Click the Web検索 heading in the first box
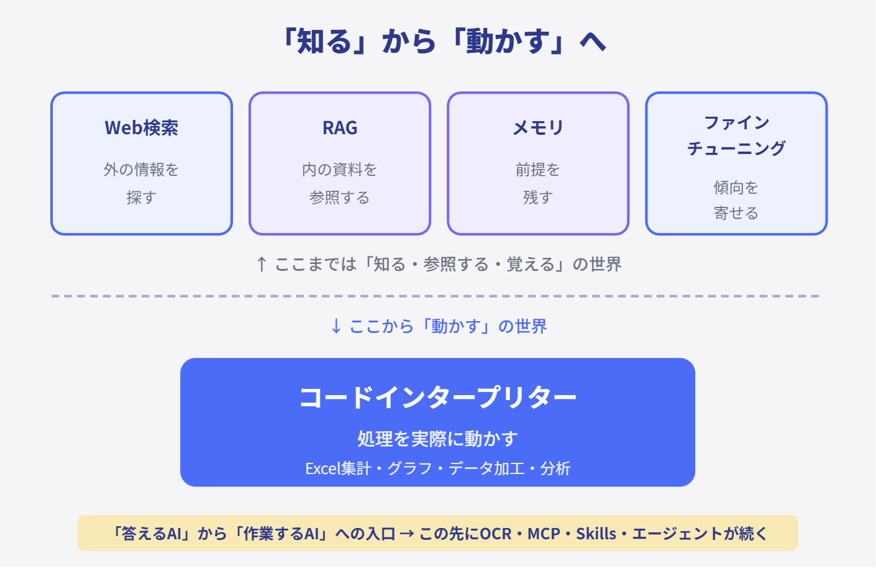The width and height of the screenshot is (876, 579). (x=142, y=128)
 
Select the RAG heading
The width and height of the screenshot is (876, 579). (x=340, y=128)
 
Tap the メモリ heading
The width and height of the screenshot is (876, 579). (x=538, y=128)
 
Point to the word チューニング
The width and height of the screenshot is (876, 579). (x=736, y=148)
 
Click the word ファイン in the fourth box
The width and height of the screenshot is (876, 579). (x=736, y=123)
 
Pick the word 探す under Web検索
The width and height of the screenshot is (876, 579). (x=142, y=198)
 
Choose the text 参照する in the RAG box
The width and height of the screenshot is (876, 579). (x=340, y=198)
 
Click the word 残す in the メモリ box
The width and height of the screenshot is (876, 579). (x=538, y=198)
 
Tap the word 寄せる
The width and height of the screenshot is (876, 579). (x=736, y=213)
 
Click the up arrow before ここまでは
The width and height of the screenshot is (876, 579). (x=262, y=264)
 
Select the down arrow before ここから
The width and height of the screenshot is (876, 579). (x=336, y=326)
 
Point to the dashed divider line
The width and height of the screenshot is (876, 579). (x=436, y=296)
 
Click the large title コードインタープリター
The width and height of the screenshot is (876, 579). (x=437, y=397)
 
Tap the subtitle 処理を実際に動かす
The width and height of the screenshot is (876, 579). (x=437, y=439)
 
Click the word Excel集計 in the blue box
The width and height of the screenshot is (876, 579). (x=338, y=468)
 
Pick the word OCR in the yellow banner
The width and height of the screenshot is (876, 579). (x=496, y=534)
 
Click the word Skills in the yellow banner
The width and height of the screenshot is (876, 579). (x=596, y=534)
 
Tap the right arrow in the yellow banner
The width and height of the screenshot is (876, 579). (x=407, y=534)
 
